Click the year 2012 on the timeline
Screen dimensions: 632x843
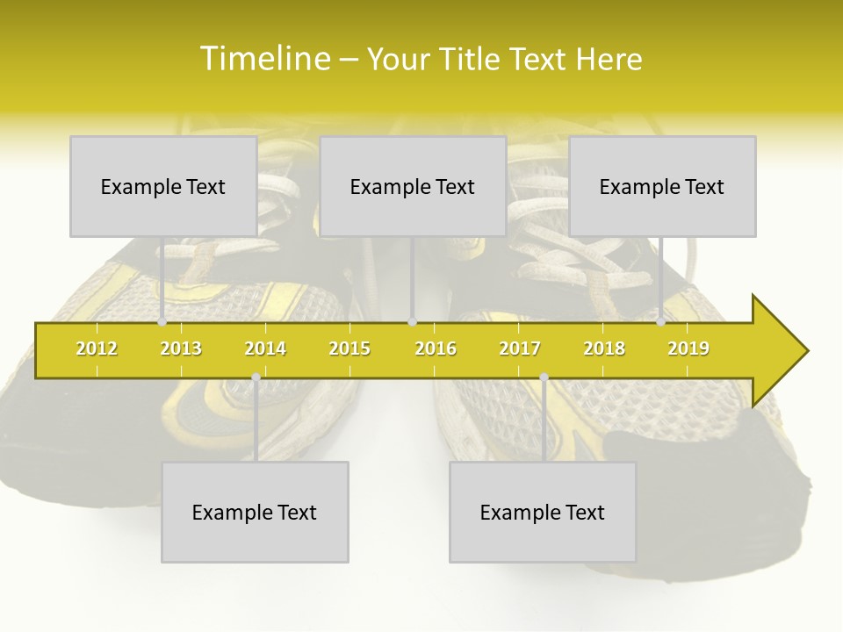pyautogui.click(x=97, y=348)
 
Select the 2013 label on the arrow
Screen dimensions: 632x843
pyautogui.click(x=181, y=348)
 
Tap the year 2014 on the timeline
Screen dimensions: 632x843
pyautogui.click(x=265, y=348)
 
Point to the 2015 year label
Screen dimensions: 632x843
pyautogui.click(x=349, y=348)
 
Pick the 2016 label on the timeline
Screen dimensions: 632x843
pyautogui.click(x=436, y=348)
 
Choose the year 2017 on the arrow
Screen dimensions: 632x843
pyautogui.click(x=520, y=348)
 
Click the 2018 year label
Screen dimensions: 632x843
pyautogui.click(x=604, y=348)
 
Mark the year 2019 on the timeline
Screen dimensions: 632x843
pyautogui.click(x=688, y=348)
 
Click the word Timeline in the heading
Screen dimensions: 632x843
pyautogui.click(x=263, y=59)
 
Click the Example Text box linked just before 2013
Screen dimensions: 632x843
pyautogui.click(x=163, y=186)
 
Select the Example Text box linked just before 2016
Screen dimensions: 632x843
pyautogui.click(x=413, y=186)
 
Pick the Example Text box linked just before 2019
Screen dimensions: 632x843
pyautogui.click(x=662, y=186)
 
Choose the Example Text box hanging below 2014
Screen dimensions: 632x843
pyautogui.click(x=255, y=512)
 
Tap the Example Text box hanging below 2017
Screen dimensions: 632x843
pyautogui.click(x=543, y=512)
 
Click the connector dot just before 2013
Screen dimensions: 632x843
pyautogui.click(x=162, y=322)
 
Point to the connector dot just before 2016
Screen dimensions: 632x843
pyautogui.click(x=413, y=322)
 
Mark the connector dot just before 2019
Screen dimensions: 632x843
pyautogui.click(x=661, y=322)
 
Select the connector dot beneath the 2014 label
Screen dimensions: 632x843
pyautogui.click(x=256, y=377)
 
